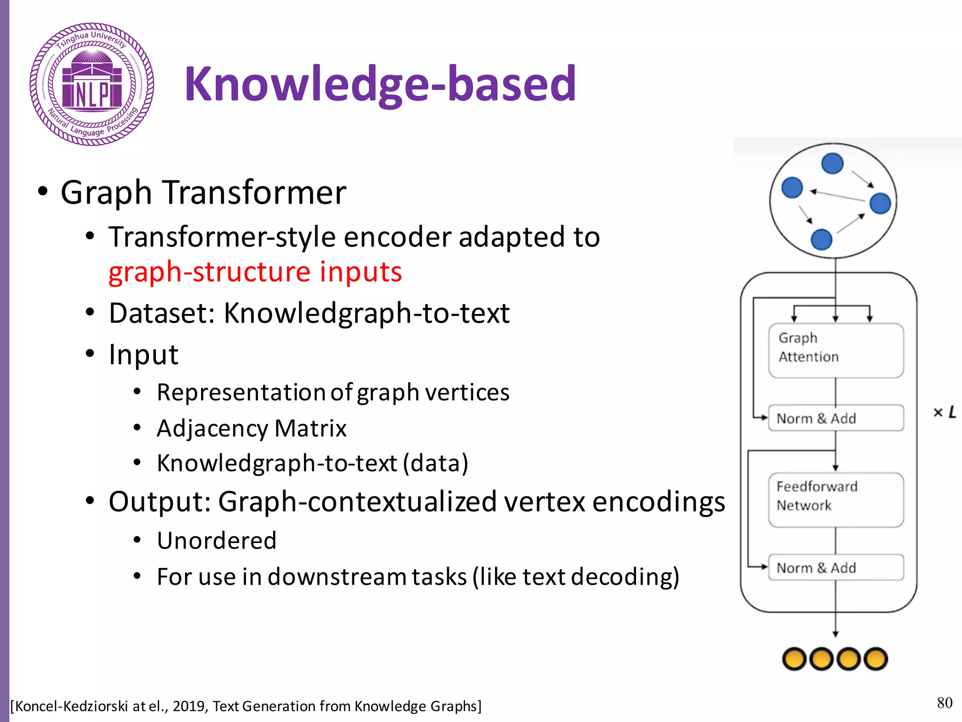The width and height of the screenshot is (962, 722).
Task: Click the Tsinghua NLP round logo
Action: [x=92, y=84]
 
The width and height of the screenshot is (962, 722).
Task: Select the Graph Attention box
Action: [x=835, y=350]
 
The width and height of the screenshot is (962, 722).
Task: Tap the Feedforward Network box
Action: [x=835, y=500]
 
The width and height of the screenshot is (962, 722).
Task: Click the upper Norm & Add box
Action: [x=835, y=418]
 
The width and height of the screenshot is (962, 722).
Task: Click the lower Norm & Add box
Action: [x=835, y=567]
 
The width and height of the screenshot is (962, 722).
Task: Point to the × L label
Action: [x=944, y=412]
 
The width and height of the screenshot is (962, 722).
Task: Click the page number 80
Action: [x=944, y=703]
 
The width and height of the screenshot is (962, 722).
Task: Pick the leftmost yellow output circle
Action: [x=794, y=659]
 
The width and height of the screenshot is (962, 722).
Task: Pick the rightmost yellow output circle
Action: [x=876, y=659]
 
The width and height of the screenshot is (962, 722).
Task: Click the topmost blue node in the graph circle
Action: [x=832, y=164]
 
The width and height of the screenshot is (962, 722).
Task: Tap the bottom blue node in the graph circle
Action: [x=821, y=239]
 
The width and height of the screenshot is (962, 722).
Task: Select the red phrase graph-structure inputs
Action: [x=255, y=272]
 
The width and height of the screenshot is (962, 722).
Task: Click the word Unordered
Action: [x=217, y=541]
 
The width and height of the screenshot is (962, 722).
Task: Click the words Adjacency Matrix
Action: [x=251, y=428]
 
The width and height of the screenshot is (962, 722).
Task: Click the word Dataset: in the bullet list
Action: [x=162, y=313]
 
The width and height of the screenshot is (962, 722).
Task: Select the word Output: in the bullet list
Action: [x=159, y=502]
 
